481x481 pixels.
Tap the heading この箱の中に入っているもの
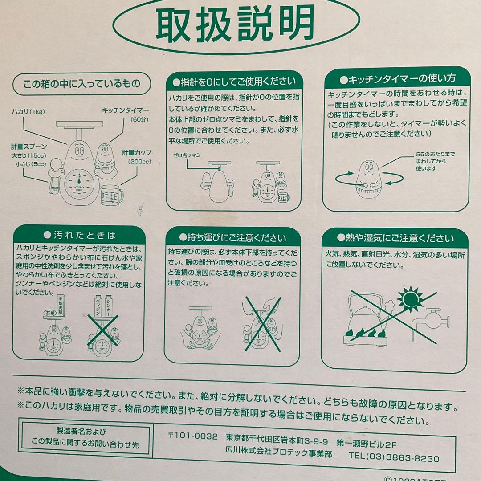(82, 83)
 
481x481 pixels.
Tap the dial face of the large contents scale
(79, 182)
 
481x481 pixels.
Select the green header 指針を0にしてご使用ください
(235, 81)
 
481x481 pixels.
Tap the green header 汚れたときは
(79, 235)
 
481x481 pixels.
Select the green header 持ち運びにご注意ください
(233, 237)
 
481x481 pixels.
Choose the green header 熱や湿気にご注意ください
(395, 238)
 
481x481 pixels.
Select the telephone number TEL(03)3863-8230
(394, 458)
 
